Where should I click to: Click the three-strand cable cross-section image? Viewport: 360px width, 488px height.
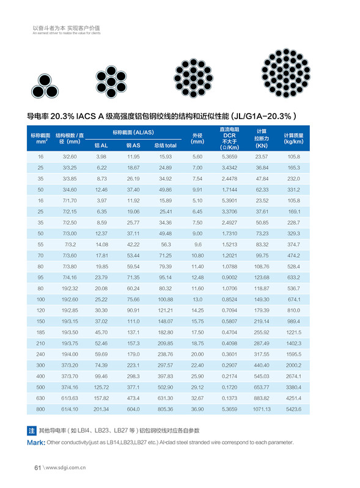point(45,82)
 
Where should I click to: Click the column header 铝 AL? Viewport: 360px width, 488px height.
point(101,145)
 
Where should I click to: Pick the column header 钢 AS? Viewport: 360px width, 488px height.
point(133,145)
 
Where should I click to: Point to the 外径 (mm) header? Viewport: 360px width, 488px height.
point(197,137)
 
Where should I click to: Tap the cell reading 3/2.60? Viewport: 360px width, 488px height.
point(69,157)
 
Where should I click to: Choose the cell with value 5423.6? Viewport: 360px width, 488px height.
point(293,409)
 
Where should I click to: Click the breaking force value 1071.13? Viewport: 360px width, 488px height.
point(262,409)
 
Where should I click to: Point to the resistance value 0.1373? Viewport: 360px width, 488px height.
point(229,398)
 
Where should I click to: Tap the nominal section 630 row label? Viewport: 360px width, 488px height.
point(40,398)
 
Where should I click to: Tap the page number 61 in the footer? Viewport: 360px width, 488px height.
point(37,468)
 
